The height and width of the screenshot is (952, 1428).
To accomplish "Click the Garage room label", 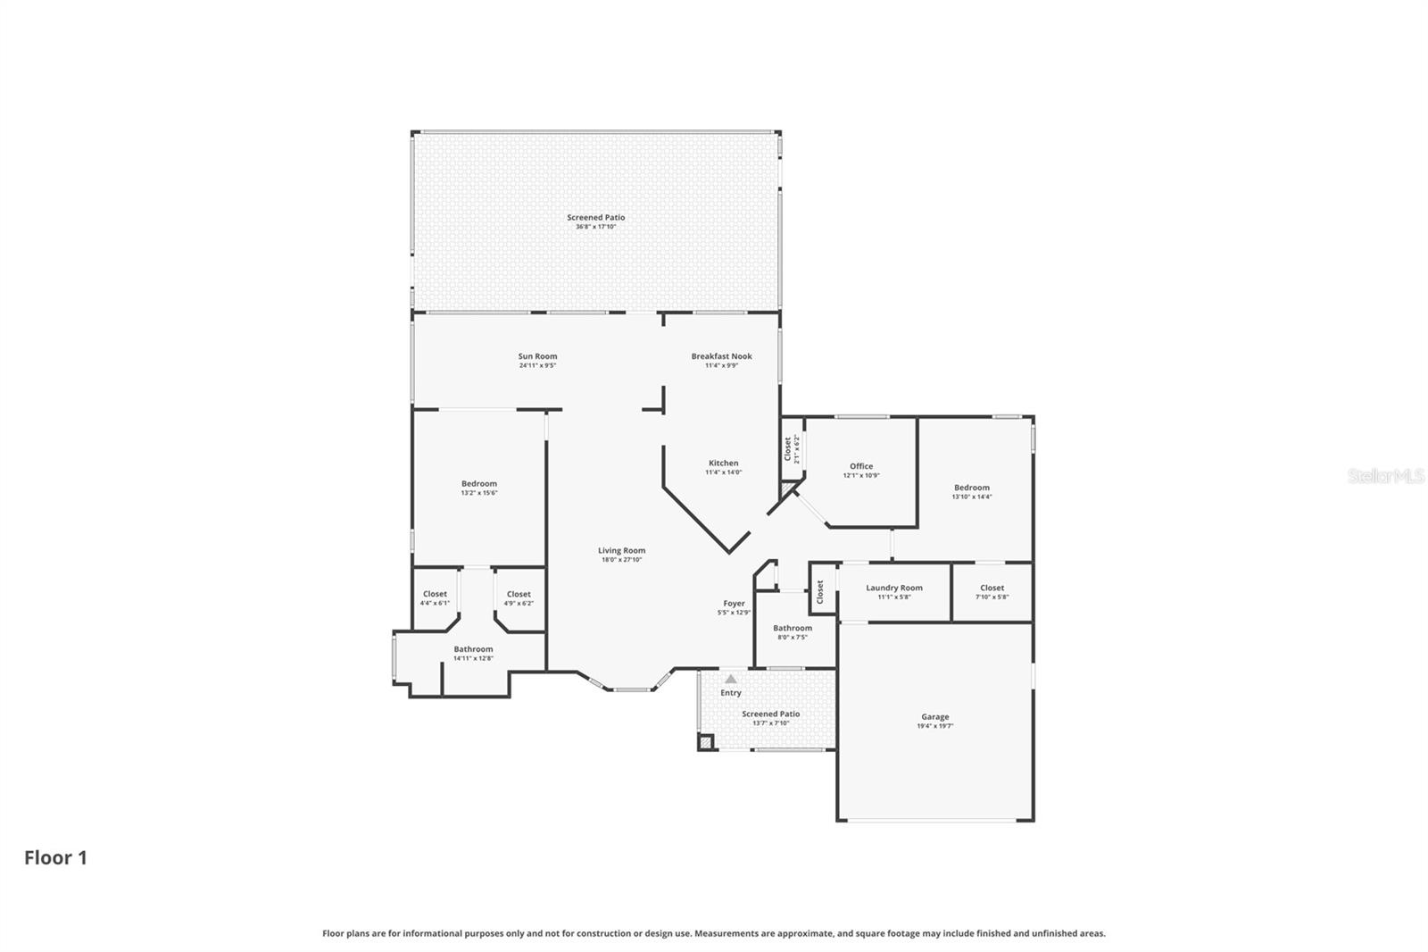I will [934, 717].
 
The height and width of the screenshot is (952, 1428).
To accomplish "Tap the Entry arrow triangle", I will [731, 680].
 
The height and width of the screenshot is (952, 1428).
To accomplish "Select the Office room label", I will [861, 466].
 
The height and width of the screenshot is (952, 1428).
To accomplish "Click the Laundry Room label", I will [893, 588].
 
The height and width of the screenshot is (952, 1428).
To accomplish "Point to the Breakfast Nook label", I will [721, 356].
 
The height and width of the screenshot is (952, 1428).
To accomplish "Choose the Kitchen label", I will [723, 463].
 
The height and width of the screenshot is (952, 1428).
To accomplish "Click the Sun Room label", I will [537, 356].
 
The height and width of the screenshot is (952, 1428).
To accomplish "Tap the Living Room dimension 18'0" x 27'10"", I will [621, 560].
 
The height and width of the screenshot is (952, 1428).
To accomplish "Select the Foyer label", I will [734, 604].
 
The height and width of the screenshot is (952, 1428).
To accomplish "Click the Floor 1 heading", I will [55, 858].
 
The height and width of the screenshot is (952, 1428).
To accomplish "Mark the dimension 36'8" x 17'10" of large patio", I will [595, 227].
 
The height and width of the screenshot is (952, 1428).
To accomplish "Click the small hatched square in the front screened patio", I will [706, 741].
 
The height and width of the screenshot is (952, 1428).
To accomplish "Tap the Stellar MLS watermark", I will [1385, 477].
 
